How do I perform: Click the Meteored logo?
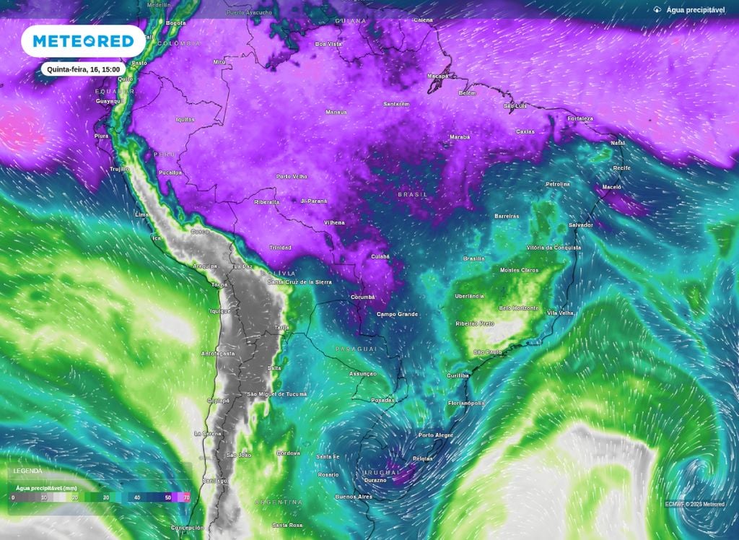[83, 41]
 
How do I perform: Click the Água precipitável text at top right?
[695, 10]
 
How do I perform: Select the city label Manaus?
[336, 112]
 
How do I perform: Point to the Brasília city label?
[473, 258]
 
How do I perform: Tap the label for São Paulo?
[488, 352]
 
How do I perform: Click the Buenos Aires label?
[354, 497]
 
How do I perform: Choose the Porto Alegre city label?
[436, 435]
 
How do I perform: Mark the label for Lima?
[141, 215]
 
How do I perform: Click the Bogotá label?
[176, 22]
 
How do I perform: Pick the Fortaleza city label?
[580, 118]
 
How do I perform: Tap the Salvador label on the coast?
[581, 225]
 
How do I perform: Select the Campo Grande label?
[398, 314]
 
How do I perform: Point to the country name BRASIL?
[413, 195]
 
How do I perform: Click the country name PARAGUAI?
[357, 349]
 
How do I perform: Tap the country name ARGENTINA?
[278, 502]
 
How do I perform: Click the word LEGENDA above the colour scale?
[27, 470]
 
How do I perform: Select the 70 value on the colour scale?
[187, 498]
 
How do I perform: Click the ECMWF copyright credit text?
[694, 504]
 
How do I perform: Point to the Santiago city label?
[215, 481]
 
